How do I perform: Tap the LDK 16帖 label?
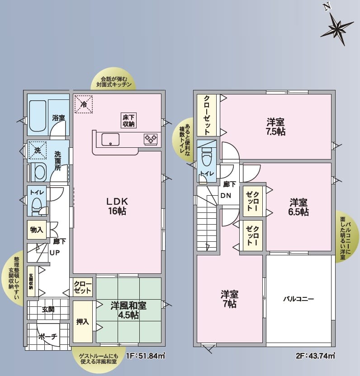117,206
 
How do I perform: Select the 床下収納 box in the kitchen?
128,121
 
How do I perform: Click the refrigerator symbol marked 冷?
84,104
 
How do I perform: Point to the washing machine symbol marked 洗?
38,150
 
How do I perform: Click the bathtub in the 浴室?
38,116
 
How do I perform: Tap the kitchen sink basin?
110,140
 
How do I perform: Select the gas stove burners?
151,139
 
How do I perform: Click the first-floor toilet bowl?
37,205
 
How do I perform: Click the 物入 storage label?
37,230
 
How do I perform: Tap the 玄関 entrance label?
48,309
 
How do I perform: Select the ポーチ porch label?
48,337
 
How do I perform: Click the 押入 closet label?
83,322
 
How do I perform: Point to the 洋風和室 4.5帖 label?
128,310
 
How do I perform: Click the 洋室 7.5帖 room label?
275,127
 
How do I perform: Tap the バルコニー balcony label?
298,299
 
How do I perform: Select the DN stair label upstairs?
226,196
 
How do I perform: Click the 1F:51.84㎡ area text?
146,356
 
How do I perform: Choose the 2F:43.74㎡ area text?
315,356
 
